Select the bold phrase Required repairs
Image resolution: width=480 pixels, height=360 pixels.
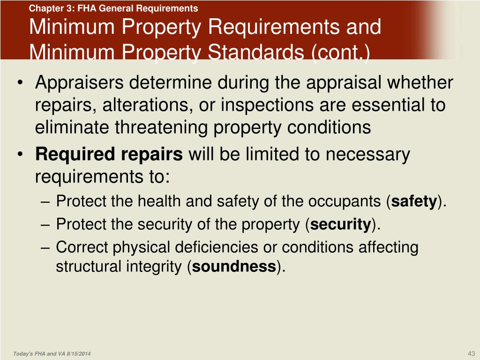pyautogui.click(x=109, y=154)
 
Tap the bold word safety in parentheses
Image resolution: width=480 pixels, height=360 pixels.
pyautogui.click(x=414, y=202)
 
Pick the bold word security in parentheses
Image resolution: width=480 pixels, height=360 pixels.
pyautogui.click(x=341, y=225)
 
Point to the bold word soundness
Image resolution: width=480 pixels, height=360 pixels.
pyautogui.click(x=234, y=267)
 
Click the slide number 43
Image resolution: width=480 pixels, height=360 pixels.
pyautogui.click(x=472, y=353)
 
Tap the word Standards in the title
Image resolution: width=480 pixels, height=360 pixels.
pyautogui.click(x=244, y=52)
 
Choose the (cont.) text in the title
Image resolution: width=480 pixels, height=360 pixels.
pyautogui.click(x=340, y=52)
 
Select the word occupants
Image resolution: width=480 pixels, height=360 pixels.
pyautogui.click(x=347, y=202)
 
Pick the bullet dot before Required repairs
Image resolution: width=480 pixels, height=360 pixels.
pyautogui.click(x=19, y=155)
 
